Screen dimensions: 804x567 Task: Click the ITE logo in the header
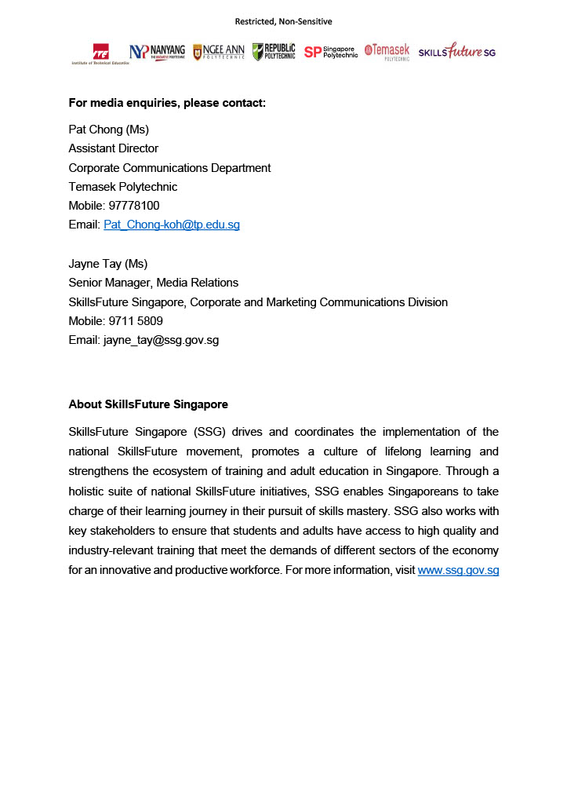pos(100,53)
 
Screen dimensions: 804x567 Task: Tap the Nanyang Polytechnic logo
pos(157,52)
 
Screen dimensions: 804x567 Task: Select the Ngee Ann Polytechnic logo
pos(219,52)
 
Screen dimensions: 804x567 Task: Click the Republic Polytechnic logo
pos(274,52)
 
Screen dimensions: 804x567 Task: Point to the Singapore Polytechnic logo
pos(330,52)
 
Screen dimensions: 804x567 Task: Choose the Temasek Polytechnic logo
pos(387,52)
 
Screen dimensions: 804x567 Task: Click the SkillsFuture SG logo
pos(456,52)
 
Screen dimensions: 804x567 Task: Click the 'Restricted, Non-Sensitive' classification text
pos(283,21)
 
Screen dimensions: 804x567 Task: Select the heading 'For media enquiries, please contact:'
pos(167,103)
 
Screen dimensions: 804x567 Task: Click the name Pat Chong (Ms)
pos(108,130)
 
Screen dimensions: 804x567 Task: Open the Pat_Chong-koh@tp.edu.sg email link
pos(172,225)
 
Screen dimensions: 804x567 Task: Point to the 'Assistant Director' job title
pos(114,148)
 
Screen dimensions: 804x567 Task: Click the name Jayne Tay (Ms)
pos(108,264)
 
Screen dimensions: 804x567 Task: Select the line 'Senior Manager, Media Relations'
pos(154,283)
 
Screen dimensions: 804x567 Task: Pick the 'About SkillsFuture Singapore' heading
pos(148,405)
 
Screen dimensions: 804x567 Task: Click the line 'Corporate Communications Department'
pos(169,168)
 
